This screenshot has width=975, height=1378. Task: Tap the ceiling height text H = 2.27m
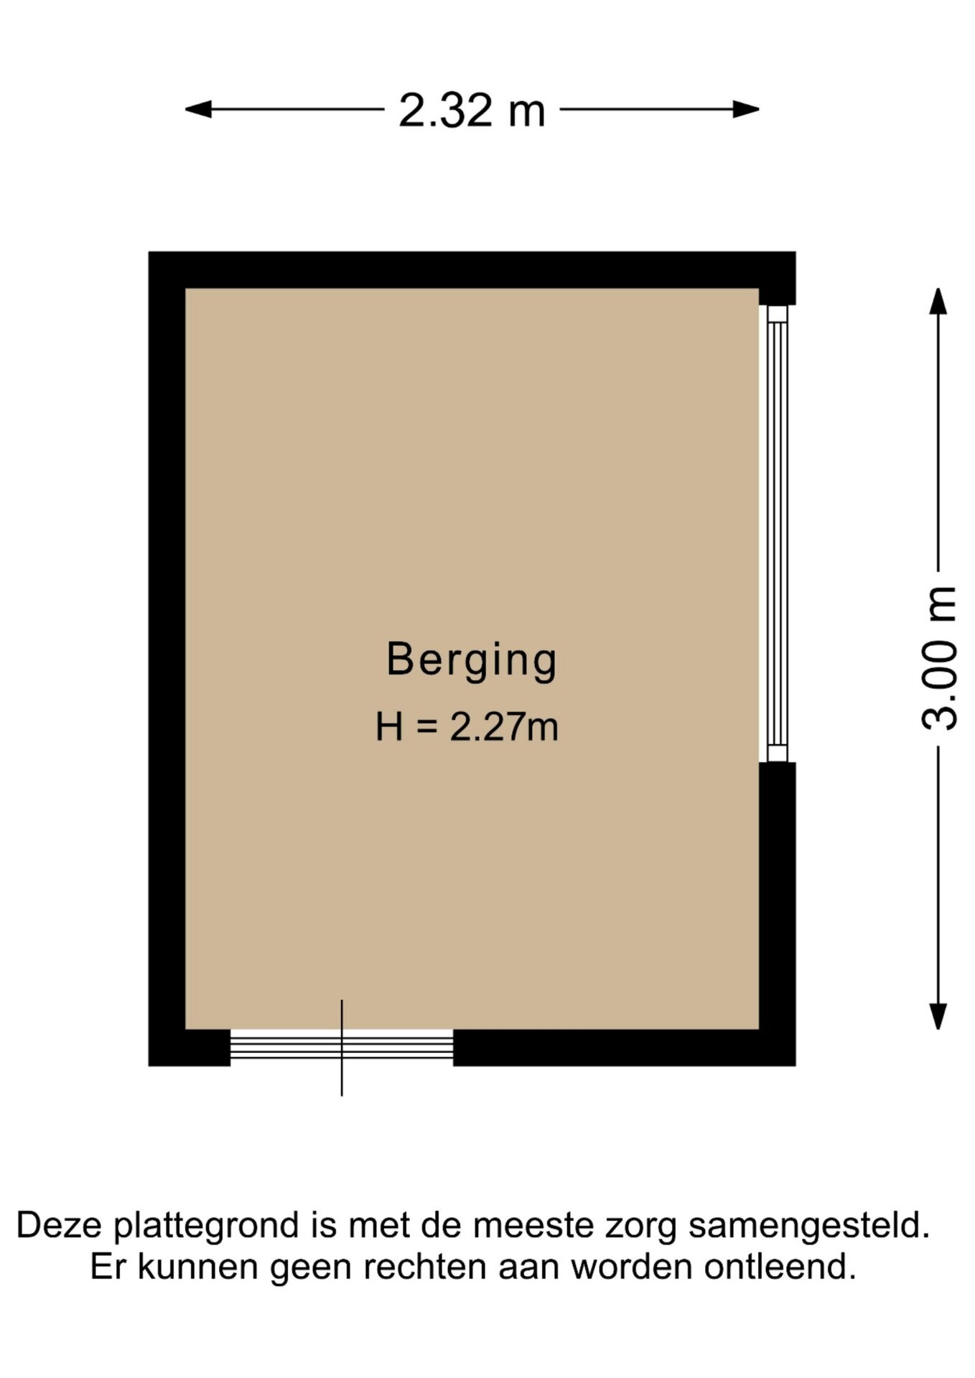[x=467, y=726]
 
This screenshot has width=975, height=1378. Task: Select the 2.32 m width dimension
[x=472, y=111]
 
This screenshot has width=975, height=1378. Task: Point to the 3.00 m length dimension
[x=938, y=659]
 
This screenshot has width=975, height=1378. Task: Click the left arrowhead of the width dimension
[x=197, y=110]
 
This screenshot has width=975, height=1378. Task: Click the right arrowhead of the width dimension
[x=747, y=110]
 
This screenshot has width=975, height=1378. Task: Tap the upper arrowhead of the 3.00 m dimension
[x=938, y=301]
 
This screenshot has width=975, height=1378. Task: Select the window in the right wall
[x=778, y=533]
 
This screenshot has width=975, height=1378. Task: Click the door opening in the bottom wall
[x=342, y=1048]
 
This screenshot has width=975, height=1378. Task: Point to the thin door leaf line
[x=342, y=1048]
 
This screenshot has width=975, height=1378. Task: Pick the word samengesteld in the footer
[x=809, y=1227]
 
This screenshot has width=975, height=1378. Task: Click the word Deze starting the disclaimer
[x=60, y=1225]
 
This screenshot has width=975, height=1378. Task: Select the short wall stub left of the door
[x=190, y=1048]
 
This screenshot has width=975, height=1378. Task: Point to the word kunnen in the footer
[x=198, y=1267]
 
